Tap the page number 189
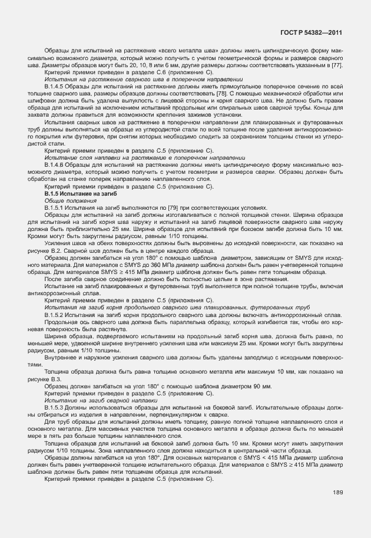[x=338, y=493]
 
